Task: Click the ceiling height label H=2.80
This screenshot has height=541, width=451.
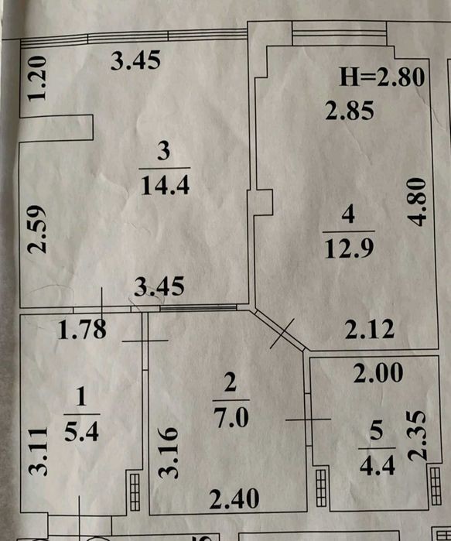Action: [381, 77]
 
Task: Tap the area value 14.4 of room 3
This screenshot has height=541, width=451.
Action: [165, 185]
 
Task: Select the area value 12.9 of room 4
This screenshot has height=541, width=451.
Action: [349, 248]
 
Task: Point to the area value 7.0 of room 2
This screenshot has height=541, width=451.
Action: [231, 417]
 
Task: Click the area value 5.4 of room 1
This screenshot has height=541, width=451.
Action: [82, 432]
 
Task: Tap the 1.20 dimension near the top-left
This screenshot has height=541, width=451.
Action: [37, 78]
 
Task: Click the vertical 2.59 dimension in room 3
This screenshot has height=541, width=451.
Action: [37, 229]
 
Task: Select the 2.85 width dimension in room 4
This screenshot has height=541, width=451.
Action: [350, 111]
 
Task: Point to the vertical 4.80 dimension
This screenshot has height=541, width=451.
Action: [416, 202]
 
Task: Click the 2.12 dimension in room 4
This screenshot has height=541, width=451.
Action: [370, 329]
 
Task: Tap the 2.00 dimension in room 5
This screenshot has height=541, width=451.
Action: [378, 372]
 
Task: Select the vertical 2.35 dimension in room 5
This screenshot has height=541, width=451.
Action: [418, 436]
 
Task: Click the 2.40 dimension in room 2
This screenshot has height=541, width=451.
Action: [234, 498]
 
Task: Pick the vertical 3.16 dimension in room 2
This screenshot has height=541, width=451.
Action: [169, 453]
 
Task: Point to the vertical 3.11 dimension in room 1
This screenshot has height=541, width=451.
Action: [38, 451]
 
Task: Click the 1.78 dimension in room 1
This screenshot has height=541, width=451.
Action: [82, 330]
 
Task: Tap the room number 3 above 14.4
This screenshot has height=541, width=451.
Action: [164, 152]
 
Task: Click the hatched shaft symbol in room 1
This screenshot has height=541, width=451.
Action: [135, 492]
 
